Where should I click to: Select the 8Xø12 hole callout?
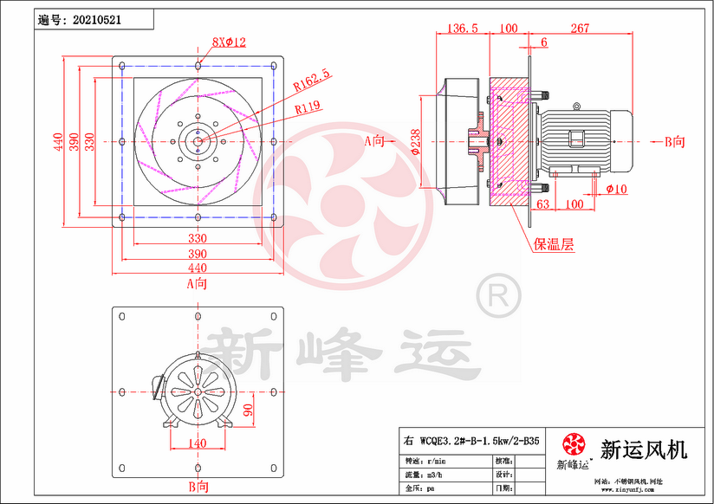pos(230,42)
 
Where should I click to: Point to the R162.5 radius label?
pos(312,81)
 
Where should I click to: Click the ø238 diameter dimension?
pos(416,142)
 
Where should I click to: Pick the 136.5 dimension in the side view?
pos(463,29)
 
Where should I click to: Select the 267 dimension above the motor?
pos(581,29)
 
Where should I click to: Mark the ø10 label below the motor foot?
pos(616,188)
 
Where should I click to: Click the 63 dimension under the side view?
pos(543,204)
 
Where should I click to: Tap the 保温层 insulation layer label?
pos(554,244)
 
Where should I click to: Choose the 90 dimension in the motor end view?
pos(248,409)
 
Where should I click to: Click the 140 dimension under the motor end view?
pos(198,443)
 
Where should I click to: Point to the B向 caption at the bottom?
pos(198,488)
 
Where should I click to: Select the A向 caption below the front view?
pos(198,282)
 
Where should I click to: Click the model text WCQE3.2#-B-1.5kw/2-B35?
pos(478,441)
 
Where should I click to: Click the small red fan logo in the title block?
pos(574,445)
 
